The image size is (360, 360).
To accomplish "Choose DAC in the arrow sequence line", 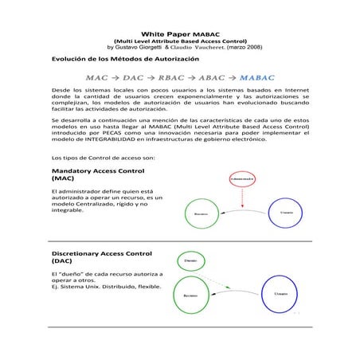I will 126,78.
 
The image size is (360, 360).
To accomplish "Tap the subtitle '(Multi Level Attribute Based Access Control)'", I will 180,41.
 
